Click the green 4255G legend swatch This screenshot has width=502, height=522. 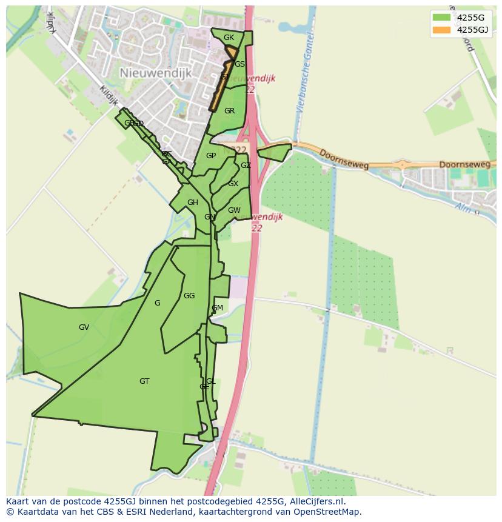441,18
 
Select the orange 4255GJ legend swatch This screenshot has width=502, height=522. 441,30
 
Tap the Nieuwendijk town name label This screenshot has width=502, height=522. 155,73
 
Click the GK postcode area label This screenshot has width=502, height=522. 229,38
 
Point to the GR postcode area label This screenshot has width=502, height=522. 229,111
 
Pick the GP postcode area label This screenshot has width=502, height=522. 211,156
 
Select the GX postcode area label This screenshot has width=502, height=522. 233,184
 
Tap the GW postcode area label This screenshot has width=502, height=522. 234,210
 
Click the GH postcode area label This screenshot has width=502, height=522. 193,202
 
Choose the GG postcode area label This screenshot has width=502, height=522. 189,296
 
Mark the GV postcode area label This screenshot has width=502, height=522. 84,327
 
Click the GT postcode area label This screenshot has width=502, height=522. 144,381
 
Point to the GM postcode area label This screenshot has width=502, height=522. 217,308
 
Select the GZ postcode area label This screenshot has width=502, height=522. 246,166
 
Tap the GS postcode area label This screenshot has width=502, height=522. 240,64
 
